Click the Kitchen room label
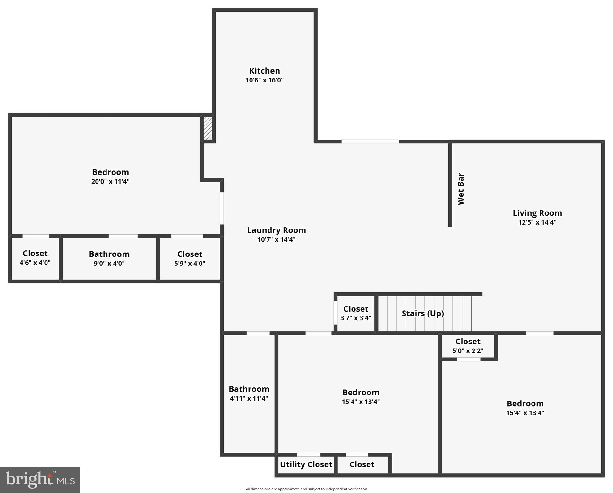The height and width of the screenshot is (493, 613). tap(264, 71)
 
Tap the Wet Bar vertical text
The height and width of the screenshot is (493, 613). tap(461, 189)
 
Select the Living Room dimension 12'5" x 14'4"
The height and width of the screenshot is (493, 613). tap(537, 222)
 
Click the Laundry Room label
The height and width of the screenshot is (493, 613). tap(276, 230)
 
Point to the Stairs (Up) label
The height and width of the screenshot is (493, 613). tap(422, 313)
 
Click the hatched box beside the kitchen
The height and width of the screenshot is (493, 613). tap(208, 128)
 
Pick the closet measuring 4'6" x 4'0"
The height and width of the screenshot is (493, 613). tap(35, 258)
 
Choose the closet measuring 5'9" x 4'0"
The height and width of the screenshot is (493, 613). tap(190, 258)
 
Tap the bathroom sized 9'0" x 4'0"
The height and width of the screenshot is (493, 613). tap(109, 258)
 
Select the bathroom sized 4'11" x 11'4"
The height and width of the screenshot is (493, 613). tap(249, 393)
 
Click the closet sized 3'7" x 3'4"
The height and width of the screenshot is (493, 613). tap(355, 313)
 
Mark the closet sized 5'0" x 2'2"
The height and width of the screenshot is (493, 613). tap(468, 346)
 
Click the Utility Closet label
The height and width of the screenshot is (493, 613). tap(306, 464)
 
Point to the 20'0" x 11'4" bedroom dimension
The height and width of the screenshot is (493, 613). tap(110, 181)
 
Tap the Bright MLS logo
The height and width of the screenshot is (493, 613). tap(40, 480)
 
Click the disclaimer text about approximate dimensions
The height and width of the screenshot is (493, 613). tap(306, 489)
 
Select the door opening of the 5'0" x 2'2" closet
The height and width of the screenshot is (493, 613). tap(468, 359)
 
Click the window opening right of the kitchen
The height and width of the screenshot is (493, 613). tap(370, 142)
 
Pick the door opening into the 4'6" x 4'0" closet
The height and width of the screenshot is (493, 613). tap(36, 236)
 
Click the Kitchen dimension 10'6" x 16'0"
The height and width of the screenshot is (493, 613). tap(264, 80)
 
